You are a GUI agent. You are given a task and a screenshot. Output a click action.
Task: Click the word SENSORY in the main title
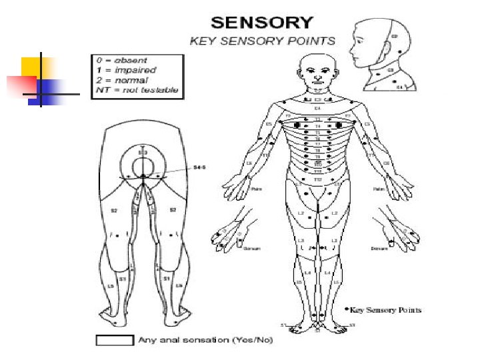(x=262, y=21)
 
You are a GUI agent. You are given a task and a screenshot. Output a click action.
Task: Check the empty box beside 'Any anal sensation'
(x=115, y=340)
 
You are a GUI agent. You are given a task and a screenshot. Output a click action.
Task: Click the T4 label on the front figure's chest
(x=318, y=126)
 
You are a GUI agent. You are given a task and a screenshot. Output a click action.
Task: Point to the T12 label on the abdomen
(x=318, y=179)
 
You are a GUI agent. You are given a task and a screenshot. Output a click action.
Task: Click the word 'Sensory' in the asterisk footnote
(x=380, y=310)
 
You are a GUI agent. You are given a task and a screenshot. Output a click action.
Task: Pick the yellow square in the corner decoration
(x=35, y=68)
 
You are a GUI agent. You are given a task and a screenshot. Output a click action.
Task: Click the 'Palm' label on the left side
(x=256, y=189)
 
